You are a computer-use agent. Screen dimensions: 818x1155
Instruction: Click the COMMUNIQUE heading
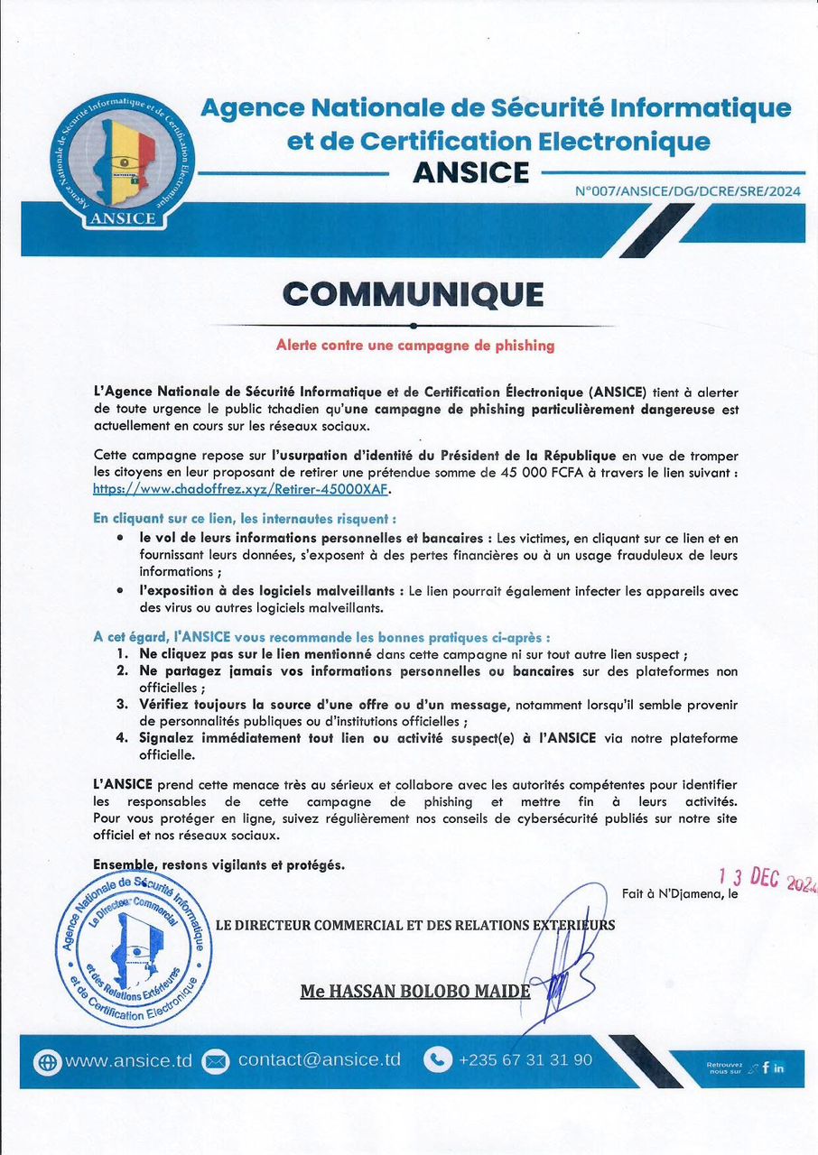pos(413,294)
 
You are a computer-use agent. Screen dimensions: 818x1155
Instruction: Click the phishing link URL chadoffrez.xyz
pos(244,489)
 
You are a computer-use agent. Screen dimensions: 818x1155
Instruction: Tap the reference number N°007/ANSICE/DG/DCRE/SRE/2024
pos(688,191)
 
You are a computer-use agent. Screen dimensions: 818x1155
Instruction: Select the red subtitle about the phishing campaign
pos(414,345)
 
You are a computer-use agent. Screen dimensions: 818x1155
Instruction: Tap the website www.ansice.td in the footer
pos(128,1060)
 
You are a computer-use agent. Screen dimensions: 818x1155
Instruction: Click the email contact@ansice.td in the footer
pos(319,1060)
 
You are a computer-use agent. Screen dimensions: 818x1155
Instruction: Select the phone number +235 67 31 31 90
pos(525,1060)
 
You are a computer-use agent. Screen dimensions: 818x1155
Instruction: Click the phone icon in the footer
pos(438,1060)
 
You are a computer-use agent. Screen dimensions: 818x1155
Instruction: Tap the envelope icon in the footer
pos(216,1061)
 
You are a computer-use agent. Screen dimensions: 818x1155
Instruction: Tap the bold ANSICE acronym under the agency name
pos(470,171)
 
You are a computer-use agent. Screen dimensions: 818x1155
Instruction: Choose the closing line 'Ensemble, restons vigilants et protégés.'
pos(218,864)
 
